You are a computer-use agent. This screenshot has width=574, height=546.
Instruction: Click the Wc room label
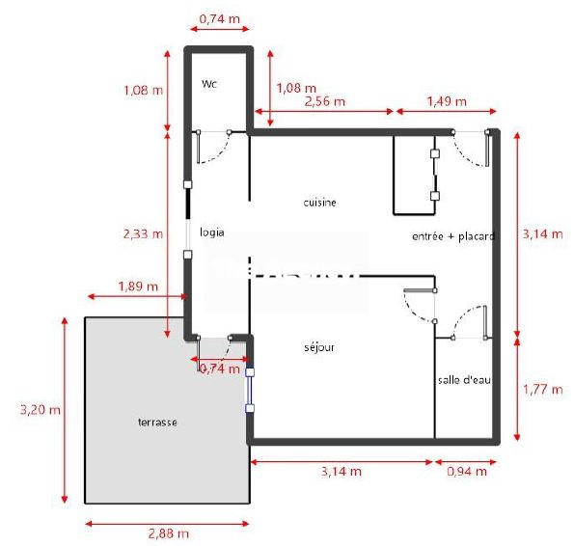click(x=208, y=84)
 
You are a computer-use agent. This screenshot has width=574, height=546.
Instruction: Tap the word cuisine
click(x=319, y=202)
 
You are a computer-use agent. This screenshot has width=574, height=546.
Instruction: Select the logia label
click(x=212, y=232)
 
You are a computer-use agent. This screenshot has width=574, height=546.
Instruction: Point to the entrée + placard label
click(x=452, y=236)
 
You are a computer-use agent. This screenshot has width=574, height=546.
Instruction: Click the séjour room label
click(x=318, y=347)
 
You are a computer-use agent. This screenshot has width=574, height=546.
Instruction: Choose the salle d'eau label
click(x=465, y=380)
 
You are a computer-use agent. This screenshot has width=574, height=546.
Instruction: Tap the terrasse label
click(x=156, y=422)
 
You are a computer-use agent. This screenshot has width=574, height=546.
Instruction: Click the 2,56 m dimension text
click(x=325, y=100)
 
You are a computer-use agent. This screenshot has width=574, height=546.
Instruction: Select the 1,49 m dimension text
click(x=447, y=100)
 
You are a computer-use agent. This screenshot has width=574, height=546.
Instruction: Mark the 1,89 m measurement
click(x=138, y=286)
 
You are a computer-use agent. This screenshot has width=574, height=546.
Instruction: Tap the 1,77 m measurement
click(x=542, y=390)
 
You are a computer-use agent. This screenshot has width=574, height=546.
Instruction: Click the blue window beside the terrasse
click(x=250, y=390)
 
